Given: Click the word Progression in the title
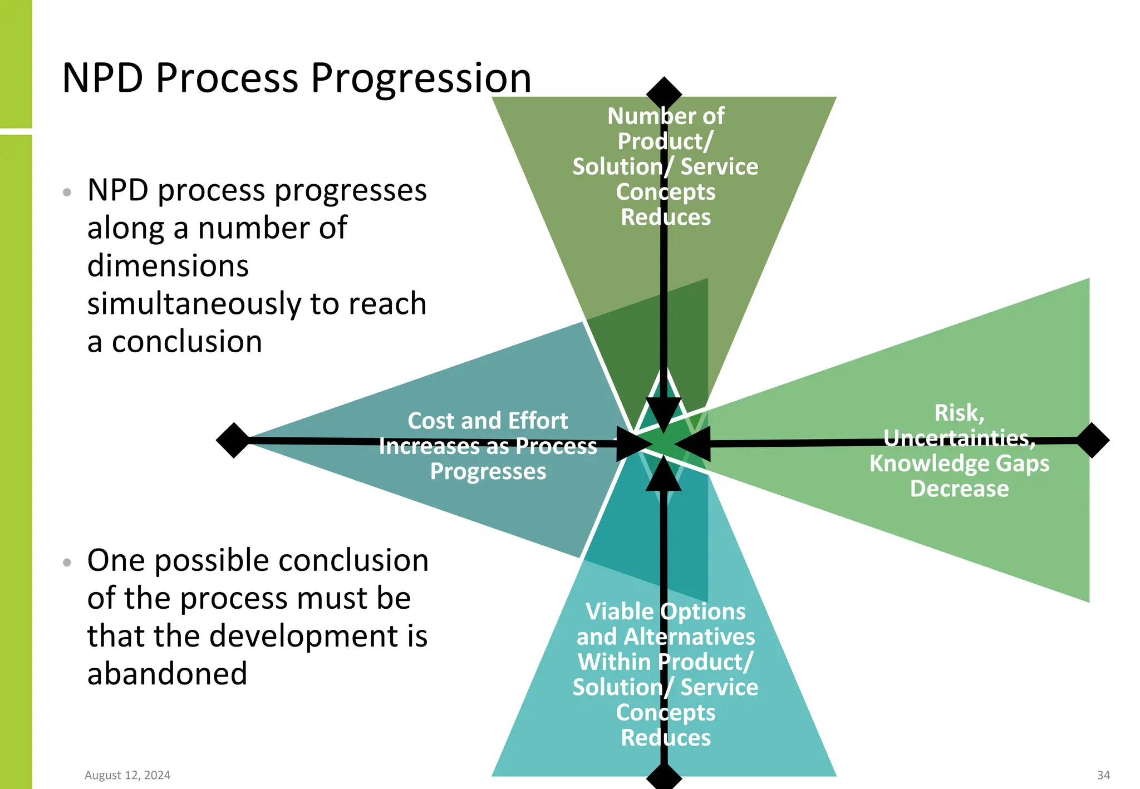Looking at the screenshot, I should click(420, 78).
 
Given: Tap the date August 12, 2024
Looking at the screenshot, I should click(127, 775).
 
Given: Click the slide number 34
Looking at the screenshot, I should click(1103, 775).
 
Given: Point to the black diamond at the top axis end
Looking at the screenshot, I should click(664, 92).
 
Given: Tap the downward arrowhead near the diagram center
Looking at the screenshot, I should click(664, 413).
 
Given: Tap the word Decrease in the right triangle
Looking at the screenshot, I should click(959, 489).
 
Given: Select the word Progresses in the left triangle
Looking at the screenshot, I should click(488, 471).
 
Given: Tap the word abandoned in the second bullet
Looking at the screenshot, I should click(167, 673).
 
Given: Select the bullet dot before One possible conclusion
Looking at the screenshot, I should click(67, 563).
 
